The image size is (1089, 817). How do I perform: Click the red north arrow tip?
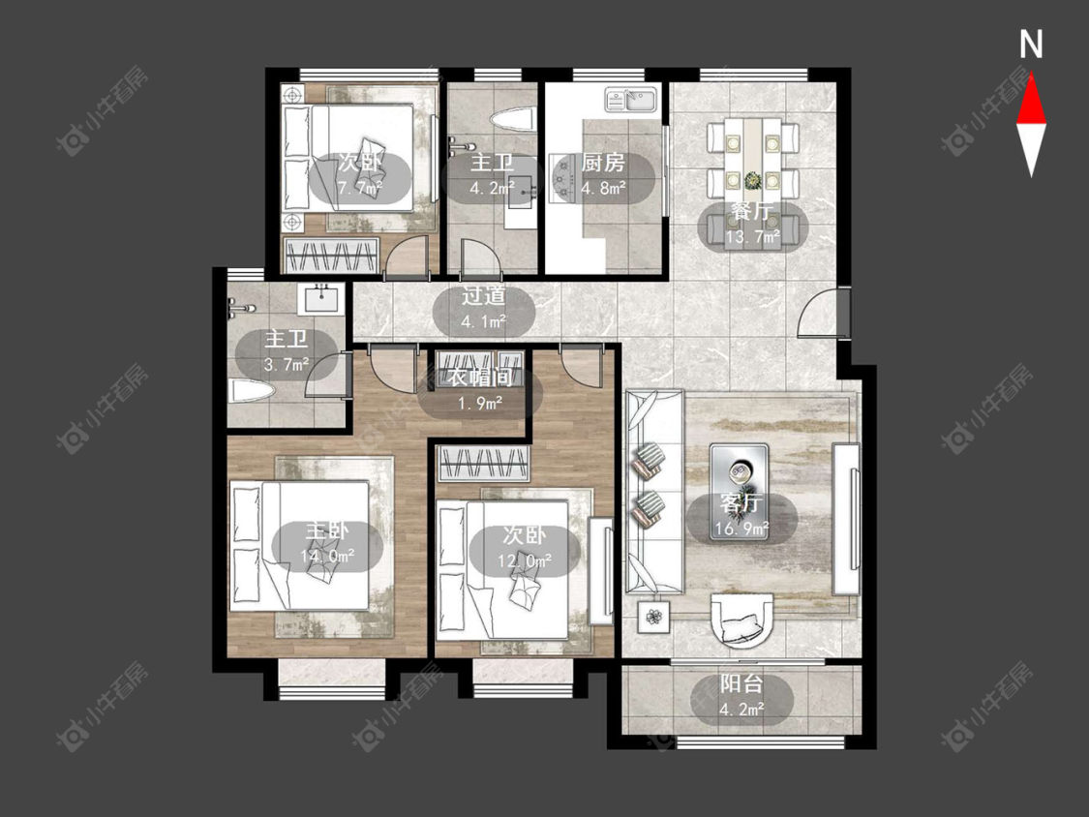(1031, 75)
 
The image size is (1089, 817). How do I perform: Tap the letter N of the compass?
(1031, 45)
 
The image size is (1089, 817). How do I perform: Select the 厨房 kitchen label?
(603, 163)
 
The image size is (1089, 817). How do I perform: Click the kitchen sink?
(631, 100)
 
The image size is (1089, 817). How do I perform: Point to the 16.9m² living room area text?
(741, 530)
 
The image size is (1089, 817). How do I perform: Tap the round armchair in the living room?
(741, 620)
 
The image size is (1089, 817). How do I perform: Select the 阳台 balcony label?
(741, 684)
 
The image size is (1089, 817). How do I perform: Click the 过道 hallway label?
(483, 296)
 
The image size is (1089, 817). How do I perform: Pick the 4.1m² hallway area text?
(483, 322)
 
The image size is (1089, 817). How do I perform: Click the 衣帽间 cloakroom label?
(479, 378)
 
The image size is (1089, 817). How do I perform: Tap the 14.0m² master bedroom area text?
(327, 556)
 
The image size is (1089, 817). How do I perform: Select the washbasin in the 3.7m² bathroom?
(321, 299)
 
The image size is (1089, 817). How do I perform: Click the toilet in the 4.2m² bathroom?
(513, 119)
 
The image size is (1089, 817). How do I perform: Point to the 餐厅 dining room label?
(753, 211)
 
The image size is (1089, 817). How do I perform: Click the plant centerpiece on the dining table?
(752, 181)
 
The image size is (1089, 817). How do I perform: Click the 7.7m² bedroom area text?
(360, 188)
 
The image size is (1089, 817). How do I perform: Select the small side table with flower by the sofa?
(654, 617)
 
